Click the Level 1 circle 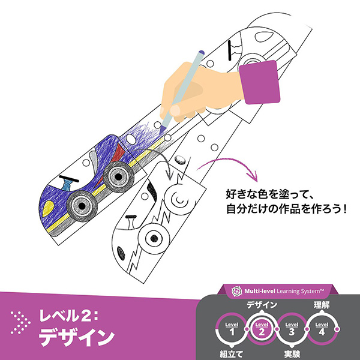(x=231, y=329)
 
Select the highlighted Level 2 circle (x=260, y=329)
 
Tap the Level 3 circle (x=291, y=329)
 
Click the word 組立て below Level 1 (x=231, y=354)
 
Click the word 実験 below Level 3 (x=291, y=354)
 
